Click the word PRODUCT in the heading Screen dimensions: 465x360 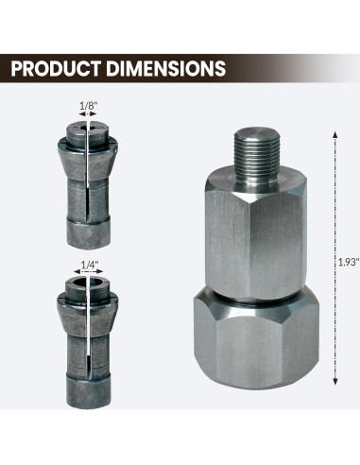[x=58, y=69]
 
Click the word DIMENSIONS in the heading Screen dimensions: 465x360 [x=169, y=69]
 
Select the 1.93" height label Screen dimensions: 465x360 [x=345, y=267]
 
